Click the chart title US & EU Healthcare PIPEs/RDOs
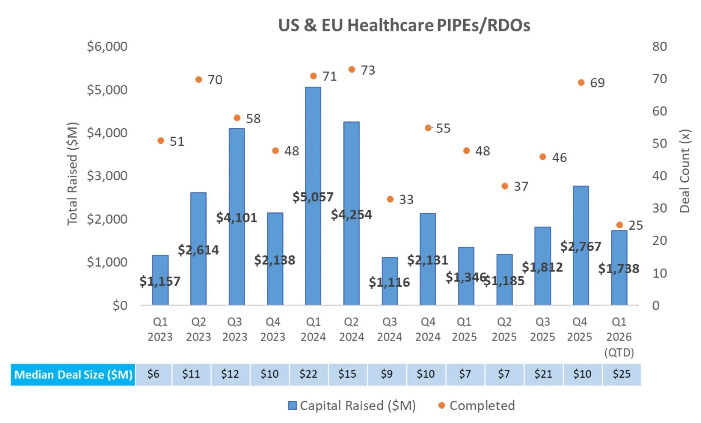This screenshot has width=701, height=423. pyautogui.click(x=404, y=25)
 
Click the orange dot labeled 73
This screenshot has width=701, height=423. pyautogui.click(x=352, y=70)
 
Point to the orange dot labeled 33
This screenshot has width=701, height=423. pyautogui.click(x=390, y=199)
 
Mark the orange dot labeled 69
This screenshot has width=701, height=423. pyautogui.click(x=581, y=82)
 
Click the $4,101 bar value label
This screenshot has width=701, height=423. pyautogui.click(x=237, y=218)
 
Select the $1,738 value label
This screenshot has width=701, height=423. pyautogui.click(x=618, y=269)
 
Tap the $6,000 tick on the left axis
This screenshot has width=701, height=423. pyautogui.click(x=107, y=47)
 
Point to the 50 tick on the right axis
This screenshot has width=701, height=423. pyautogui.click(x=659, y=143)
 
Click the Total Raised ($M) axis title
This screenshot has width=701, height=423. pyautogui.click(x=72, y=174)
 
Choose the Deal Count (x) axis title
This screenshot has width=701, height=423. pyautogui.click(x=685, y=171)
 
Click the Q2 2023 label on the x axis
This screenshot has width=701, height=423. pyautogui.click(x=198, y=329)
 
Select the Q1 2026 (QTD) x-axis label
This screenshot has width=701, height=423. pyautogui.click(x=619, y=337)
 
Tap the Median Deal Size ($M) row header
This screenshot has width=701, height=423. pyautogui.click(x=73, y=375)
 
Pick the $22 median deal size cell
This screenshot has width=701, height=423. pyautogui.click(x=308, y=374)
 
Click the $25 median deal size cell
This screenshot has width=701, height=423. pyautogui.click(x=622, y=374)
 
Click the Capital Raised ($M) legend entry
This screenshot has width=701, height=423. pyautogui.click(x=352, y=406)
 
